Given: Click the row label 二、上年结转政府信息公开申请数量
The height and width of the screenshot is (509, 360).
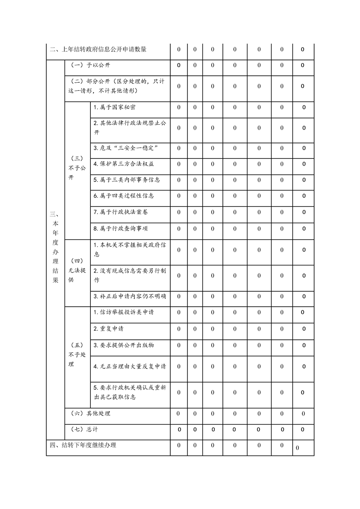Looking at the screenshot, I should pyautogui.click(x=98, y=49).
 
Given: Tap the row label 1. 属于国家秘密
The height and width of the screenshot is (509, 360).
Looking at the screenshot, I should pyautogui.click(x=114, y=108).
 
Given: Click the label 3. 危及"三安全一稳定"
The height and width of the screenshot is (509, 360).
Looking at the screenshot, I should pyautogui.click(x=125, y=148).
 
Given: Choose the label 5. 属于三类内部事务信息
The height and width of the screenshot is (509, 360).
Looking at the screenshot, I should pyautogui.click(x=127, y=180).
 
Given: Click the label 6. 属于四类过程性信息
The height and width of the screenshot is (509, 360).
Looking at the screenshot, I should pyautogui.click(x=123, y=196).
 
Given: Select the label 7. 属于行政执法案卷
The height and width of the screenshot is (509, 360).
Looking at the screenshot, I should pyautogui.click(x=120, y=212).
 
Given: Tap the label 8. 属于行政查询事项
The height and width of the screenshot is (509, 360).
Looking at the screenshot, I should pyautogui.click(x=120, y=229).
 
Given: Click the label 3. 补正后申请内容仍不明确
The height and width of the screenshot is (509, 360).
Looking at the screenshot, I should pyautogui.click(x=129, y=296).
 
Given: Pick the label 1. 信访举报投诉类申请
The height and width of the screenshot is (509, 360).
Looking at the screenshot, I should pyautogui.click(x=123, y=312).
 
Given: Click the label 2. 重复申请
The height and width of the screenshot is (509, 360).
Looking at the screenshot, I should pyautogui.click(x=108, y=328).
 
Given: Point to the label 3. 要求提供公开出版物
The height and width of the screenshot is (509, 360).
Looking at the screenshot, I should pyautogui.click(x=123, y=345).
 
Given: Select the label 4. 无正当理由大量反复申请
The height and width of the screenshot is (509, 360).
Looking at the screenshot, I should pyautogui.click(x=129, y=366).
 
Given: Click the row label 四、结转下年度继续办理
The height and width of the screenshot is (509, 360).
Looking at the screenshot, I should pyautogui.click(x=83, y=445).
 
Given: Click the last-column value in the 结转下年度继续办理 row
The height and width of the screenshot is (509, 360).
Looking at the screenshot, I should pyautogui.click(x=297, y=448).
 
